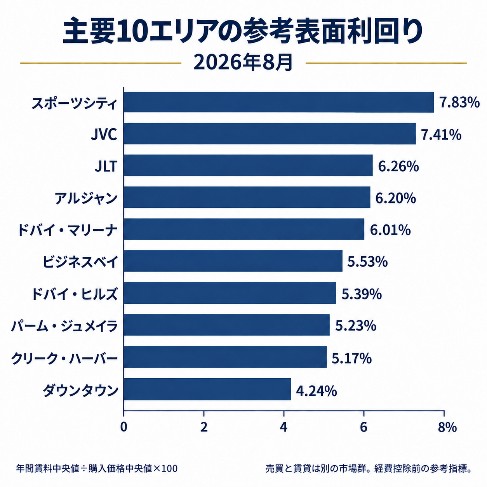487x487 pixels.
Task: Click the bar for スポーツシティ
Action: click(x=279, y=102)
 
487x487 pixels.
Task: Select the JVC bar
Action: click(x=270, y=134)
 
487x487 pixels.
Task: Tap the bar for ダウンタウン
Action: click(x=207, y=389)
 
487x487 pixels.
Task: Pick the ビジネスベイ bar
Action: click(x=233, y=261)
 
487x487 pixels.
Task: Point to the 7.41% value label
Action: click(x=441, y=134)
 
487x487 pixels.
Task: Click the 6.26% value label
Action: click(x=398, y=166)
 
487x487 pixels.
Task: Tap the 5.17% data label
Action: click(x=351, y=358)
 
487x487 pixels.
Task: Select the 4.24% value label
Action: click(x=317, y=391)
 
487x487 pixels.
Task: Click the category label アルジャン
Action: click(x=86, y=198)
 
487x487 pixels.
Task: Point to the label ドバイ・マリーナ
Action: click(x=68, y=230)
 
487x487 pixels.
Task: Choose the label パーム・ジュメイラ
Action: click(x=64, y=326)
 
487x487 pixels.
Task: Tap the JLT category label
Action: click(x=106, y=166)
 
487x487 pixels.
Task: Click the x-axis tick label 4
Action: click(x=284, y=427)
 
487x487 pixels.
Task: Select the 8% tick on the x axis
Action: click(x=447, y=427)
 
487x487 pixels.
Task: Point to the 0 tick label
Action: click(x=123, y=427)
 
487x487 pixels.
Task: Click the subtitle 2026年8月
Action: click(x=243, y=63)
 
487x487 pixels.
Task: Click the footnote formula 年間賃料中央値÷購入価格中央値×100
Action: click(x=97, y=468)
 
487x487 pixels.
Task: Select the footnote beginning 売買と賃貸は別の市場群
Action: click(x=368, y=468)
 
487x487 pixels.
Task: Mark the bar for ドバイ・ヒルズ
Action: click(x=230, y=293)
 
